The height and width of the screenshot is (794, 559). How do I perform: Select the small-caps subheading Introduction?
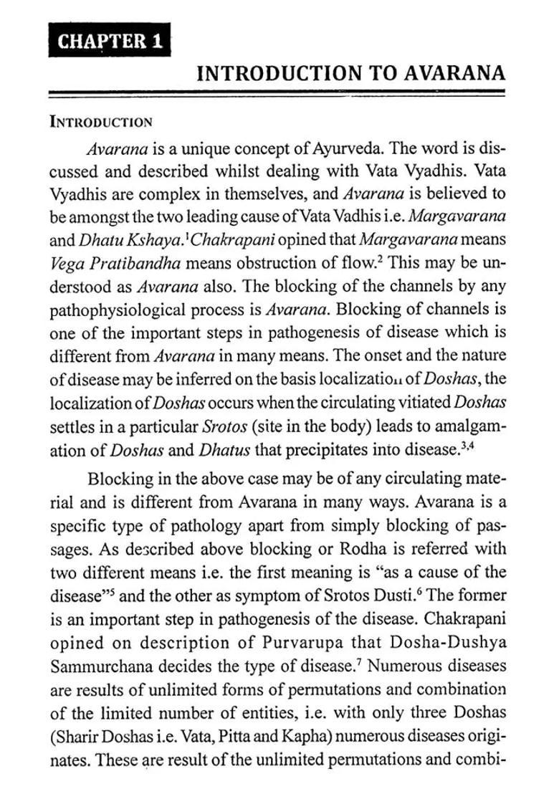(100, 121)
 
